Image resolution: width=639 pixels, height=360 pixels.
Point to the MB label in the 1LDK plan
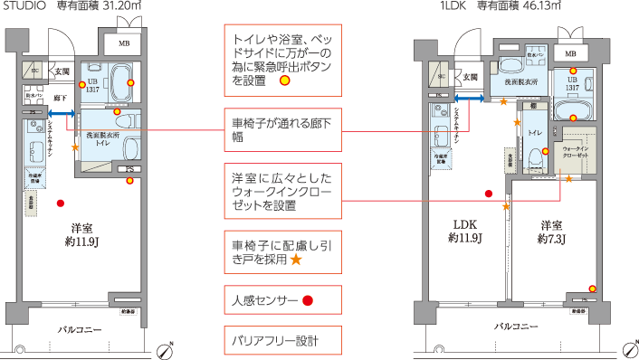(570, 53)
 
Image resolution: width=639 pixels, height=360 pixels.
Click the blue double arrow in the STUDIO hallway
(62, 113)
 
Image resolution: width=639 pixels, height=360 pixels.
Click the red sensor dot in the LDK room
(488, 193)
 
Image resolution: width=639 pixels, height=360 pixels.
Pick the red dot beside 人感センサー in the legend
(307, 299)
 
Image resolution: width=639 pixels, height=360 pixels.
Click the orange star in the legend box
(295, 260)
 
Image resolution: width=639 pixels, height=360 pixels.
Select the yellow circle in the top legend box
(284, 81)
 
